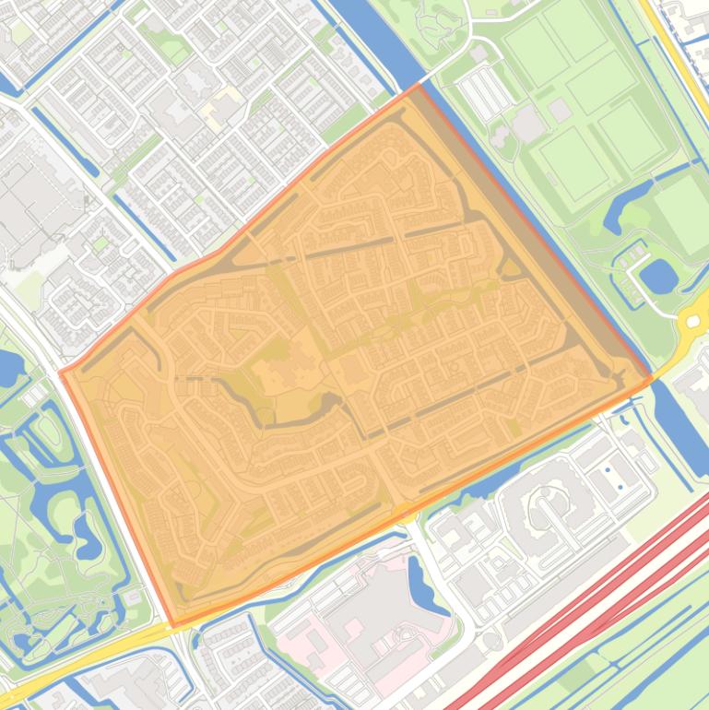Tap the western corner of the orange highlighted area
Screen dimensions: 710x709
pyautogui.click(x=61, y=373)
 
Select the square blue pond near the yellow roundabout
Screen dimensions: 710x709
pyautogui.click(x=657, y=274)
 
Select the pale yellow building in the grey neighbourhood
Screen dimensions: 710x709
pyautogui.click(x=219, y=112)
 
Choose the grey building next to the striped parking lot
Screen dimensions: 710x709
pyautogui.click(x=526, y=123)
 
